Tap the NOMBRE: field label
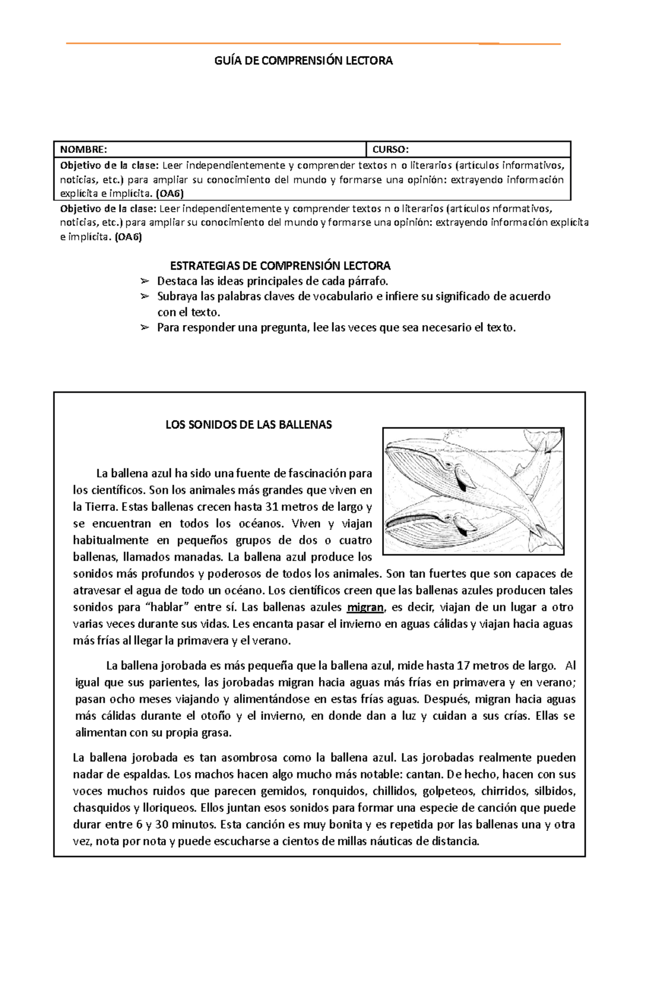[83, 149]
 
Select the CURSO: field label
[390, 149]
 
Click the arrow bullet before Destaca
[144, 281]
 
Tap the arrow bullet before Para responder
[144, 327]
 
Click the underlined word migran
[366, 607]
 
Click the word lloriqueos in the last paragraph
[168, 808]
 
